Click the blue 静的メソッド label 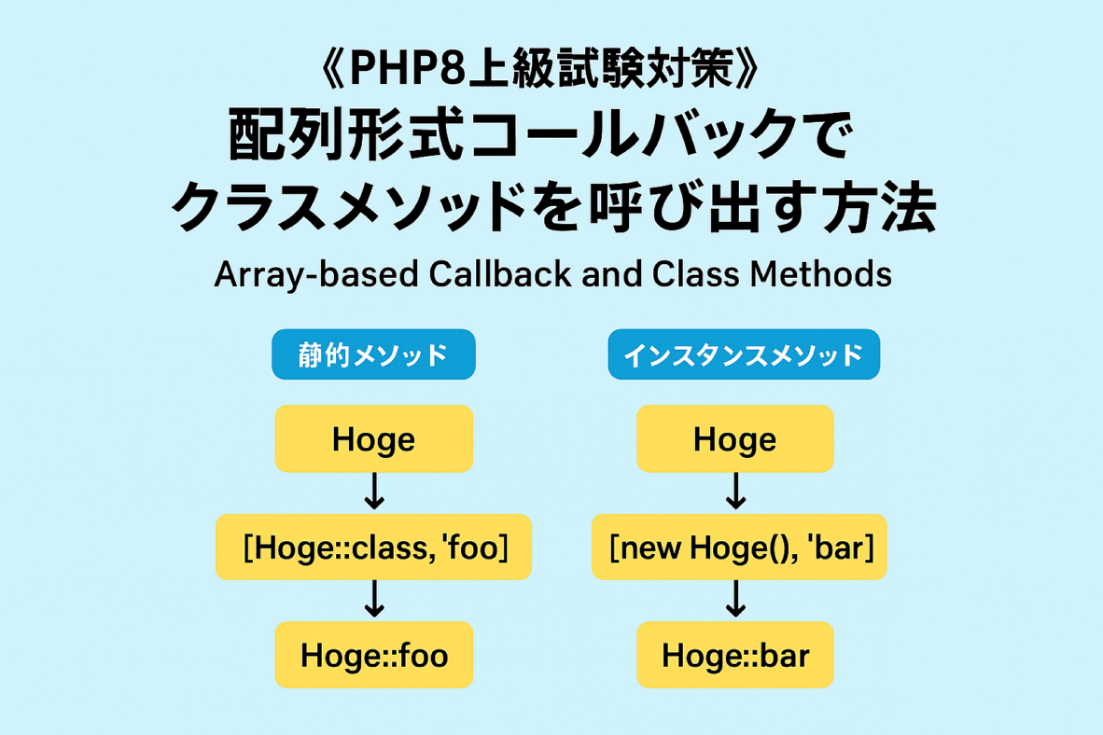coord(373,354)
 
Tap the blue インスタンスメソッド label coord(744,354)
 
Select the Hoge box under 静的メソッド coord(373,439)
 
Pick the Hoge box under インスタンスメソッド coord(735,439)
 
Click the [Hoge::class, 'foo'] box coord(373,548)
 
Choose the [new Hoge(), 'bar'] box coord(739,548)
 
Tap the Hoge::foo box coord(373,655)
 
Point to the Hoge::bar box coord(735,655)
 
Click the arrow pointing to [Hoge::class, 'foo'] coord(374,491)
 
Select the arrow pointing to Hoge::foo coord(374,599)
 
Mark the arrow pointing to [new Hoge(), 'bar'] coord(736,491)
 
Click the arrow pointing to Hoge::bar coord(736,599)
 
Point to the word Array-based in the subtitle coord(316,275)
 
